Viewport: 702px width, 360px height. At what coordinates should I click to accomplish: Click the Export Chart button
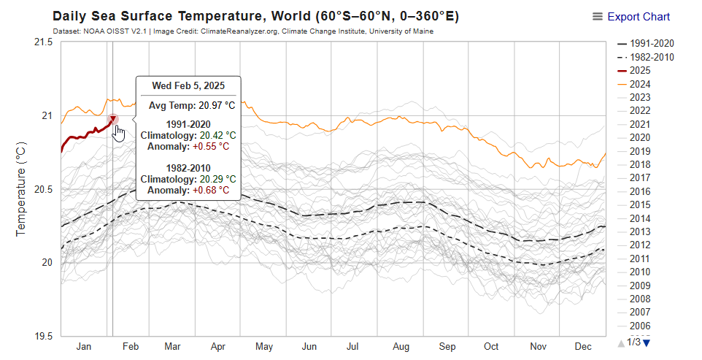(632, 17)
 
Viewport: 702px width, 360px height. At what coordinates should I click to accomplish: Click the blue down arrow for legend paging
(646, 342)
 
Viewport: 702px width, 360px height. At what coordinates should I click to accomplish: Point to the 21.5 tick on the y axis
(43, 42)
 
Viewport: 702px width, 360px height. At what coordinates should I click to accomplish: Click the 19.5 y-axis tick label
(43, 337)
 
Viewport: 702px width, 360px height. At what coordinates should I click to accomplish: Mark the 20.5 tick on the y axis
(43, 190)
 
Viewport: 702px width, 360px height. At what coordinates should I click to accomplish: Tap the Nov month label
(538, 346)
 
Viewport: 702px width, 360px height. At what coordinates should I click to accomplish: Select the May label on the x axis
(264, 346)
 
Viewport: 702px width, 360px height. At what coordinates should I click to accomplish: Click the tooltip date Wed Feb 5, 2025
(188, 85)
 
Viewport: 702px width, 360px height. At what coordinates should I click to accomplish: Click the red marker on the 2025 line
(113, 119)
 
